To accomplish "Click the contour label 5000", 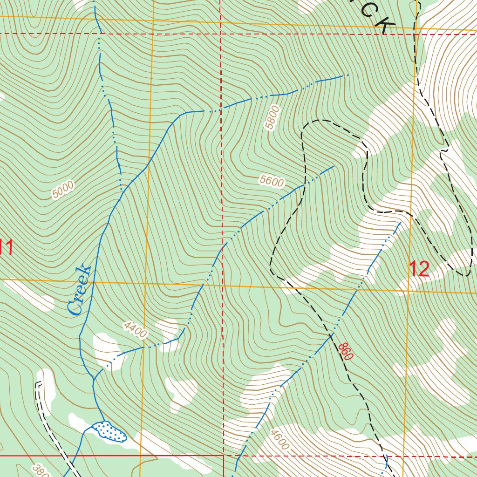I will [63, 190].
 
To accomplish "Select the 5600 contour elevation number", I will [272, 182].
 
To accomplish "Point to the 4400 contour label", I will [135, 330].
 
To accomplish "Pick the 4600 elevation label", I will [279, 440].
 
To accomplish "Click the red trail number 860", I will [346, 351].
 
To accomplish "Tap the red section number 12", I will [418, 269].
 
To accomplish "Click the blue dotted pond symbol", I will [109, 431].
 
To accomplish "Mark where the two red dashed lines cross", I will [220, 34].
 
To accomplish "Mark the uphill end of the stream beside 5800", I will [348, 75].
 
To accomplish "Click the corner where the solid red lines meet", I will [224, 456].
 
